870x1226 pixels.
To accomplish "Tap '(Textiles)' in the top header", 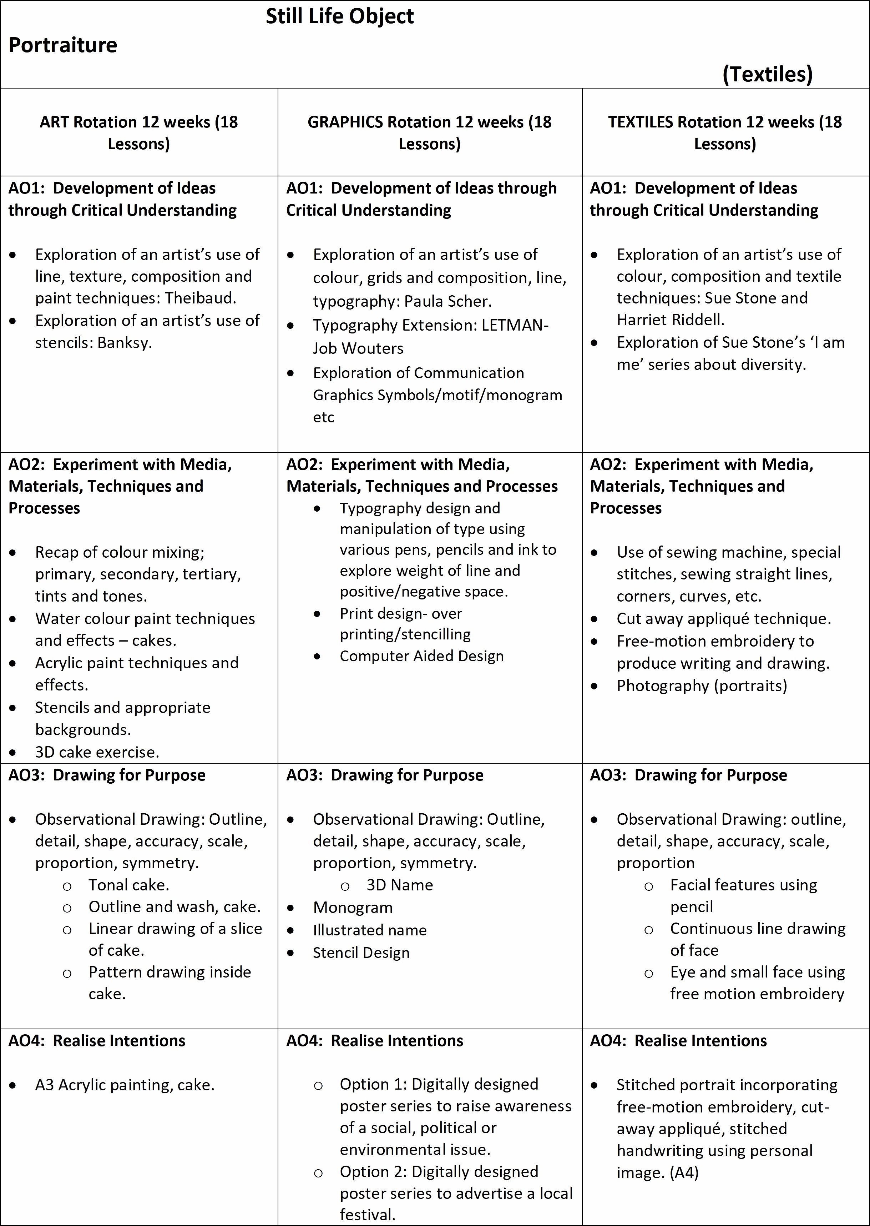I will [x=767, y=74].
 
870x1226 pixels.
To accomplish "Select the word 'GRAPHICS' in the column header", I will [x=345, y=122].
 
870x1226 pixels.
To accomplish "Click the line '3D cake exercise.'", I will [x=97, y=752].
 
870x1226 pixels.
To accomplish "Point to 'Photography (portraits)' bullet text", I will [x=702, y=685].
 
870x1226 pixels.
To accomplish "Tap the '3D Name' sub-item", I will [x=400, y=885].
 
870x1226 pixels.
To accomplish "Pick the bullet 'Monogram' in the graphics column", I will [x=353, y=907].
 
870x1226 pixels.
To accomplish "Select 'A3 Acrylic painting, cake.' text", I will [x=125, y=1085].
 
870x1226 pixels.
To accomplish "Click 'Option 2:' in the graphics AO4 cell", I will [x=373, y=1172].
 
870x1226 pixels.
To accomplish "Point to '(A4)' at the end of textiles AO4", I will [x=684, y=1173].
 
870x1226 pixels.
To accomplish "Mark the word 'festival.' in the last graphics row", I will [x=368, y=1215].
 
